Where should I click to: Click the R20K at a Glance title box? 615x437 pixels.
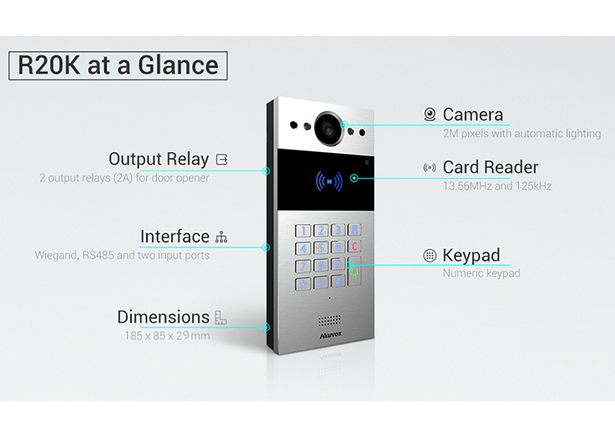pos(119,66)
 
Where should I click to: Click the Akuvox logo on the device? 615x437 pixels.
pos(326,335)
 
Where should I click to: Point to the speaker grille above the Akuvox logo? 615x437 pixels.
pos(327,320)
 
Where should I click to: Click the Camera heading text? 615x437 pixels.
pos(473,114)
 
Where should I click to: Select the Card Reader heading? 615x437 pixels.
pos(490,167)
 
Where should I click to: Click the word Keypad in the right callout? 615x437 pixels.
pos(471,255)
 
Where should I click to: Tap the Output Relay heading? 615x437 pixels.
pos(159,159)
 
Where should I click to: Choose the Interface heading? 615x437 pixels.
pos(174,237)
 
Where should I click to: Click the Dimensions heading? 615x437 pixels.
pos(163,317)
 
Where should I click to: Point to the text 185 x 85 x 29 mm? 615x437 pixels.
pos(166,336)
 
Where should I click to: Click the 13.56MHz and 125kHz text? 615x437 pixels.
pos(497,185)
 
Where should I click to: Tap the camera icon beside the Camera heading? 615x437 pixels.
pos(429,114)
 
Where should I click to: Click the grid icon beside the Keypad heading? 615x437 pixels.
pos(429,256)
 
